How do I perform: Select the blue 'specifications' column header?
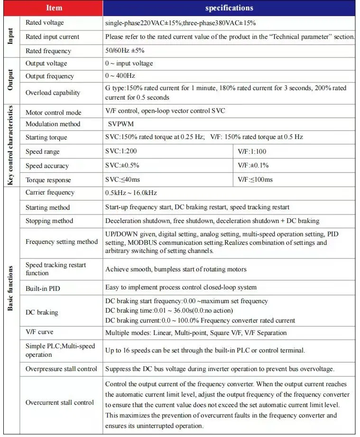coord(229,8)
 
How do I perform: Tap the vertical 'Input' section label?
coord(11,37)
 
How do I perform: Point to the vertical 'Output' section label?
coord(11,81)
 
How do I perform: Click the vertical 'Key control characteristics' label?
coord(11,146)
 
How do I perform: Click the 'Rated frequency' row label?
coord(48,51)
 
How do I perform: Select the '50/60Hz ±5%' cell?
coord(125,51)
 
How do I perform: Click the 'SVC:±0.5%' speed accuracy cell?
coord(122,166)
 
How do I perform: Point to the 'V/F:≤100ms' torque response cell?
coord(255,180)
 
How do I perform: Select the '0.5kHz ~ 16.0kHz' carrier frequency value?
coord(131,193)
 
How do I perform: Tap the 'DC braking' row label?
coord(42,312)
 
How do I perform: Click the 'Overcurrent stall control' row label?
coord(60,402)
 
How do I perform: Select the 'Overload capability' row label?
coord(53,93)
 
